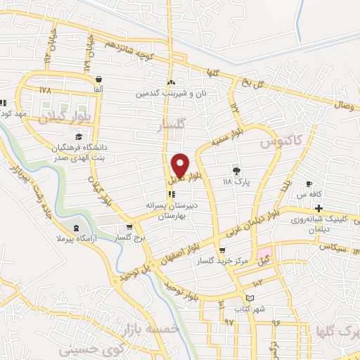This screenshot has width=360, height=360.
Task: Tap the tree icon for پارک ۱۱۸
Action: coord(236,170)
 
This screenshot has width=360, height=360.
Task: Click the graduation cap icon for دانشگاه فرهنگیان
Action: coord(79,136)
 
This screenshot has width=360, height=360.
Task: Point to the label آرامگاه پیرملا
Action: coord(76,241)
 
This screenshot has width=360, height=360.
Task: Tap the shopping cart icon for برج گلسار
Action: coord(129,227)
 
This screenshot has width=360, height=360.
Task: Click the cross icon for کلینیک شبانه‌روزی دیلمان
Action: coord(319,209)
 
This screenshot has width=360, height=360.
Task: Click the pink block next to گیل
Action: coord(264,252)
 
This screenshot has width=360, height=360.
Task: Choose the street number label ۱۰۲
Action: coord(257,282)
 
